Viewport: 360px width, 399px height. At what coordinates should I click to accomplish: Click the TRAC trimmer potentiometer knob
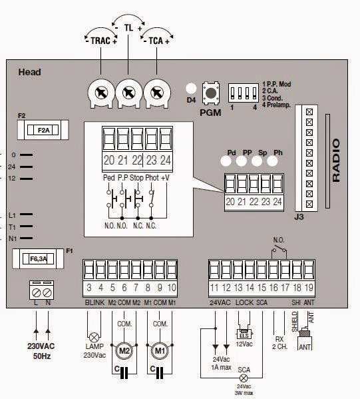click(x=98, y=94)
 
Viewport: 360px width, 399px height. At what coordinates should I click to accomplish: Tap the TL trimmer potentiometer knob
click(x=128, y=94)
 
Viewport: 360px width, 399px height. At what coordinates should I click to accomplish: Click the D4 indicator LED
click(x=191, y=89)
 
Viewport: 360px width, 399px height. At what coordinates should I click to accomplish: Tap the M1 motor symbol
click(x=160, y=350)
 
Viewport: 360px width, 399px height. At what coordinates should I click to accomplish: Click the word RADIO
click(x=336, y=161)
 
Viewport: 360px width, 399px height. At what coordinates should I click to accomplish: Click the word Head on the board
click(x=30, y=72)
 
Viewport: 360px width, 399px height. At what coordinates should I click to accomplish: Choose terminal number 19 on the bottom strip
click(x=309, y=288)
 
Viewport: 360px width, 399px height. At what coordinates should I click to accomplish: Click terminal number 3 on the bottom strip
click(x=89, y=288)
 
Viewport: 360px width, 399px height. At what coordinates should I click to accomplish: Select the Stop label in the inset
click(x=137, y=178)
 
